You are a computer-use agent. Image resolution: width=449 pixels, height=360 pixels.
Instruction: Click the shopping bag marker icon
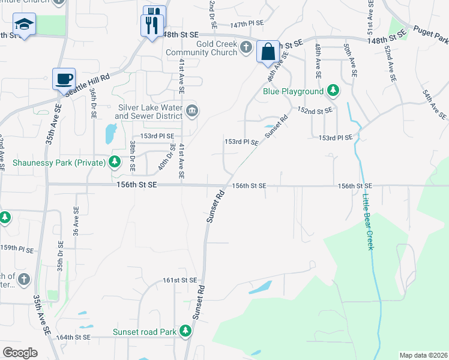pyautogui.click(x=268, y=51)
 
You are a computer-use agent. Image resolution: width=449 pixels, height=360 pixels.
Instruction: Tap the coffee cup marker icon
pyautogui.click(x=64, y=78)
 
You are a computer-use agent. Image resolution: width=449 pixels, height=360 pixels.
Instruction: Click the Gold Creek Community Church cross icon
pyautogui.click(x=246, y=48)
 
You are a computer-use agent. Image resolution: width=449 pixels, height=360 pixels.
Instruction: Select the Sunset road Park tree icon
pyautogui.click(x=185, y=331)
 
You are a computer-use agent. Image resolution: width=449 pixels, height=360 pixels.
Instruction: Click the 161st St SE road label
pyautogui.click(x=179, y=280)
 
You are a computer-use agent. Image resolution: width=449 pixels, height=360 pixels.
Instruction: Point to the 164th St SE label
pyautogui.click(x=73, y=337)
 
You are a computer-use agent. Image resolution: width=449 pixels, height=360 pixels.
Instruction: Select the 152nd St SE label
pyautogui.click(x=315, y=111)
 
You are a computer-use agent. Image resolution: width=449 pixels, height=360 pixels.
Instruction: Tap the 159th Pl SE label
pyautogui.click(x=16, y=248)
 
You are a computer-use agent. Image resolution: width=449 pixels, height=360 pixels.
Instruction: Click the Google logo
pyautogui.click(x=19, y=352)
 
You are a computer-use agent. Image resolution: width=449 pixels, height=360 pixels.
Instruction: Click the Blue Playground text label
pyautogui.click(x=293, y=92)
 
